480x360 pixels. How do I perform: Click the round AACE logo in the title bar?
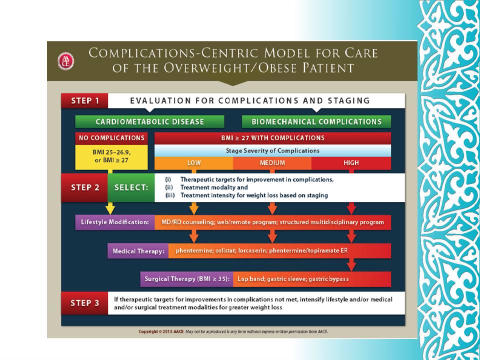click(x=66, y=61)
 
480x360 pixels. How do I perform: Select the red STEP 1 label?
click(x=85, y=100)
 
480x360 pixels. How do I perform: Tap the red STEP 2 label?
click(x=85, y=187)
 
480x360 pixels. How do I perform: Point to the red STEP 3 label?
click(x=85, y=303)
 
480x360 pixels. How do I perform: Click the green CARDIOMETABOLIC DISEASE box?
click(x=149, y=121)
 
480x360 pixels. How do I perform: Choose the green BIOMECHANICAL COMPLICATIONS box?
click(x=316, y=121)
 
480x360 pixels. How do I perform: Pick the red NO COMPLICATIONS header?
click(x=111, y=138)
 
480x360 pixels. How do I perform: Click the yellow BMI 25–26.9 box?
click(x=111, y=157)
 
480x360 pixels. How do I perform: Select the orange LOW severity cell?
click(x=194, y=163)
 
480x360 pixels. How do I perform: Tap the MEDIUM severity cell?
click(x=272, y=163)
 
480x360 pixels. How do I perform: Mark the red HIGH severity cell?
click(x=351, y=163)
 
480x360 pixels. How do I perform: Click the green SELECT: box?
click(x=131, y=187)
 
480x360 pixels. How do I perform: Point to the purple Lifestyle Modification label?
click(x=115, y=222)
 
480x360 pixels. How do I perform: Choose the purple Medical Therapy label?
click(x=138, y=251)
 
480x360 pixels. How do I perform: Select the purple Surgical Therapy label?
click(x=186, y=279)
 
